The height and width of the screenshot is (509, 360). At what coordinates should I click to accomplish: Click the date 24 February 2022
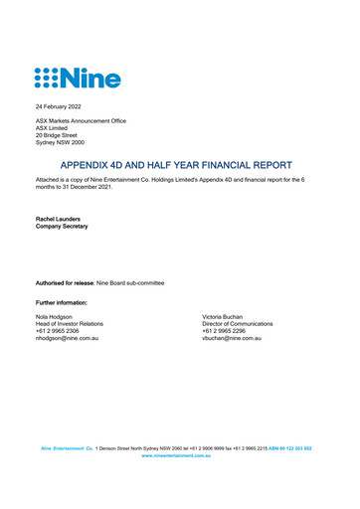[x=59, y=104]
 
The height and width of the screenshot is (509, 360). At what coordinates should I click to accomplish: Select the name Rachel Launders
[x=62, y=218]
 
